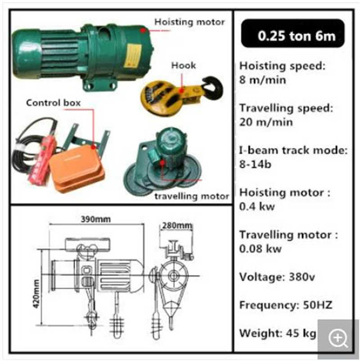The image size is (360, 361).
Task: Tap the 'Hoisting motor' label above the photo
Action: pos(189,22)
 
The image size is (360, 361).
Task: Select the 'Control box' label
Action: pos(53,103)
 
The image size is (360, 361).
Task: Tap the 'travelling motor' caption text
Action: pos(192,196)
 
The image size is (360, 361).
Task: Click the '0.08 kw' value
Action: pos(261,249)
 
